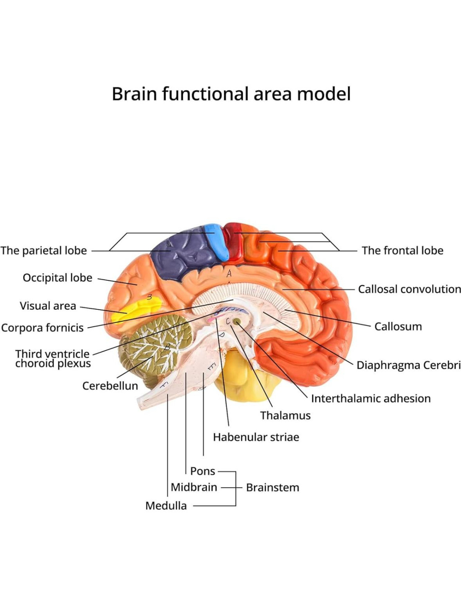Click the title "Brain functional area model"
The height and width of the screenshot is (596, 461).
point(231,94)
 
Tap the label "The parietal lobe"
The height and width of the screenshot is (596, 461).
point(44,251)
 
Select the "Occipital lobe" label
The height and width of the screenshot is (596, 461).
point(57,278)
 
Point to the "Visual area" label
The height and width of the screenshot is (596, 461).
point(48,306)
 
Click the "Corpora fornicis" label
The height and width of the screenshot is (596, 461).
point(42,328)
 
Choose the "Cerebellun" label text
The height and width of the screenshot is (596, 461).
point(110,386)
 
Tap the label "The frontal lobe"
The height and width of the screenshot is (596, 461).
point(402,251)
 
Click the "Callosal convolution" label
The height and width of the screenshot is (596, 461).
point(409,289)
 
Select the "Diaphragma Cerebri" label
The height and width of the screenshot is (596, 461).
point(408,365)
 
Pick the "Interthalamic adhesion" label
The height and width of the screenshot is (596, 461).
point(370,399)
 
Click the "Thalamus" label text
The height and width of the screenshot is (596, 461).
point(285,415)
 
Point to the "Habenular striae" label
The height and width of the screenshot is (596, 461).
point(256,437)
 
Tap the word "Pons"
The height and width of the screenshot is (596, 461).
point(202,471)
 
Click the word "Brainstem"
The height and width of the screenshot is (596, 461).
point(272,487)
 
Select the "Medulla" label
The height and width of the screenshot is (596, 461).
point(166,506)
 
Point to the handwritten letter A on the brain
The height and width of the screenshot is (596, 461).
point(229,274)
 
